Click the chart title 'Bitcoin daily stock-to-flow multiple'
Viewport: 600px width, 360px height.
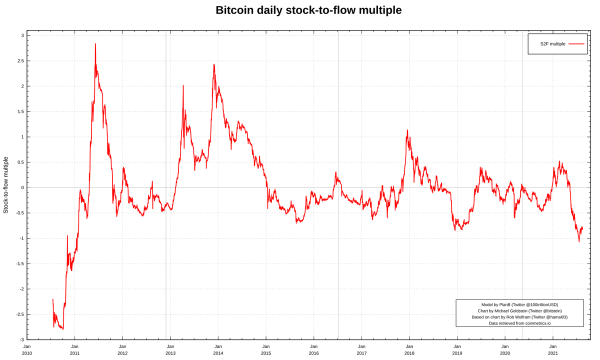(x=308, y=10)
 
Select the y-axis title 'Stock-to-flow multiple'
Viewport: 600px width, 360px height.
(x=5, y=185)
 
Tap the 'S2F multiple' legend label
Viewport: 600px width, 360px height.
(x=552, y=44)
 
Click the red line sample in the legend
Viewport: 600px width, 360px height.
(x=576, y=44)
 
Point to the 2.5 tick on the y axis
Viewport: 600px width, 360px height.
(x=21, y=61)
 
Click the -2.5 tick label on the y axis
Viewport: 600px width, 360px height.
(x=20, y=314)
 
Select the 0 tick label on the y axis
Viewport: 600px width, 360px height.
(x=22, y=188)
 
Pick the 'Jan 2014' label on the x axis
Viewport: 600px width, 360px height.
(x=218, y=350)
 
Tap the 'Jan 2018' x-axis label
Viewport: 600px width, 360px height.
(x=409, y=350)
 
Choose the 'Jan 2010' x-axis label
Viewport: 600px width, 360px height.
(x=27, y=350)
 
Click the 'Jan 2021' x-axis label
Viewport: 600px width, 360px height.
(x=553, y=350)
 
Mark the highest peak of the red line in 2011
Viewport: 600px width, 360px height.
(x=95, y=43)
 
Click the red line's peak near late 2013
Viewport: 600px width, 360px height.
(x=214, y=64)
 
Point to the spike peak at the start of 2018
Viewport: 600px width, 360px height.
(x=407, y=130)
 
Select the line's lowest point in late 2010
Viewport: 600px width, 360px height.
(x=63, y=329)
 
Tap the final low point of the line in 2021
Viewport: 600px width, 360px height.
(x=579, y=241)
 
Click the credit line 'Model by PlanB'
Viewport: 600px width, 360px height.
(x=495, y=305)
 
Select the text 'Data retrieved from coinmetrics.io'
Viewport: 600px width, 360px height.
(x=519, y=323)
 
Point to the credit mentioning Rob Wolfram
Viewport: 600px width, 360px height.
(x=519, y=317)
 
